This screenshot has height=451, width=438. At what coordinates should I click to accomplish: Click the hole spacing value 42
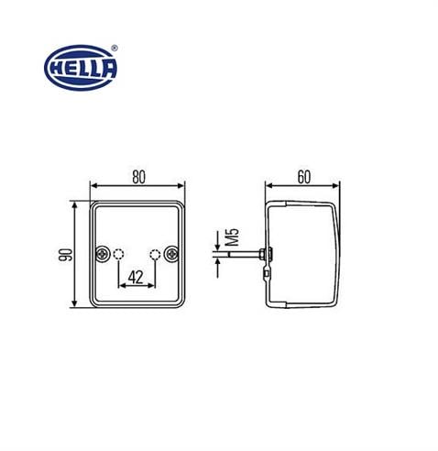136,278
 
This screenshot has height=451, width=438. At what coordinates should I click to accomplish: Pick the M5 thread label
234,241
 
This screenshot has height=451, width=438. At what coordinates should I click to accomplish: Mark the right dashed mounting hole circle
156,254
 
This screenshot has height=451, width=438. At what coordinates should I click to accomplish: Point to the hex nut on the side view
262,255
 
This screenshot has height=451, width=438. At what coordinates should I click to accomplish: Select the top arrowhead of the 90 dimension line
74,205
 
